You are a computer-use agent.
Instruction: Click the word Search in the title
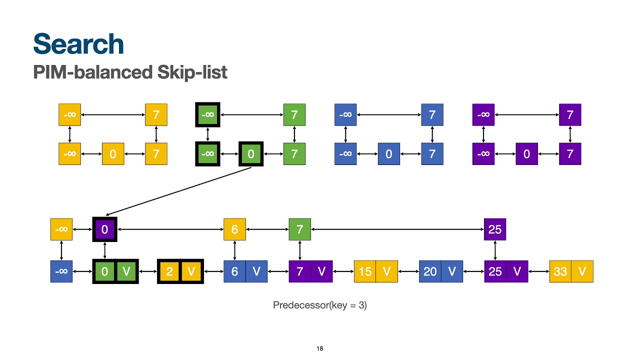(78, 44)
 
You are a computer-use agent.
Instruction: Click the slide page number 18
(320, 348)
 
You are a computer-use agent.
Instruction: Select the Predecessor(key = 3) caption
(320, 305)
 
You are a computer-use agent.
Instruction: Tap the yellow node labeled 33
(560, 271)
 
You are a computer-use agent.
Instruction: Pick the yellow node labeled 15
(365, 271)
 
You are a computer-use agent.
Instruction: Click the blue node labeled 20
(430, 271)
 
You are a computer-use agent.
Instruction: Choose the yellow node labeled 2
(169, 271)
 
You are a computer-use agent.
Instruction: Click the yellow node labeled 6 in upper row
(234, 229)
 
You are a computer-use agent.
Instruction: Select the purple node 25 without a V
(495, 229)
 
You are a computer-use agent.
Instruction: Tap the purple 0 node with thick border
(104, 229)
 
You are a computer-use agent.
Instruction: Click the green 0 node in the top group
(251, 154)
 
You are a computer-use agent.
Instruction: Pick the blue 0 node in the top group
(389, 154)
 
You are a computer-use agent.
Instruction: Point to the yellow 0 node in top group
(113, 154)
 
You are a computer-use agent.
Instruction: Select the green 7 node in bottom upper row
(299, 229)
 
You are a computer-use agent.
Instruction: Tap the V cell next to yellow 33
(582, 271)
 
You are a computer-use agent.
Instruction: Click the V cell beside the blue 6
(256, 271)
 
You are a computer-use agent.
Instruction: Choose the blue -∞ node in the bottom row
(61, 271)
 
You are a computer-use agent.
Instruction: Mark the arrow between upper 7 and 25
(397, 229)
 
